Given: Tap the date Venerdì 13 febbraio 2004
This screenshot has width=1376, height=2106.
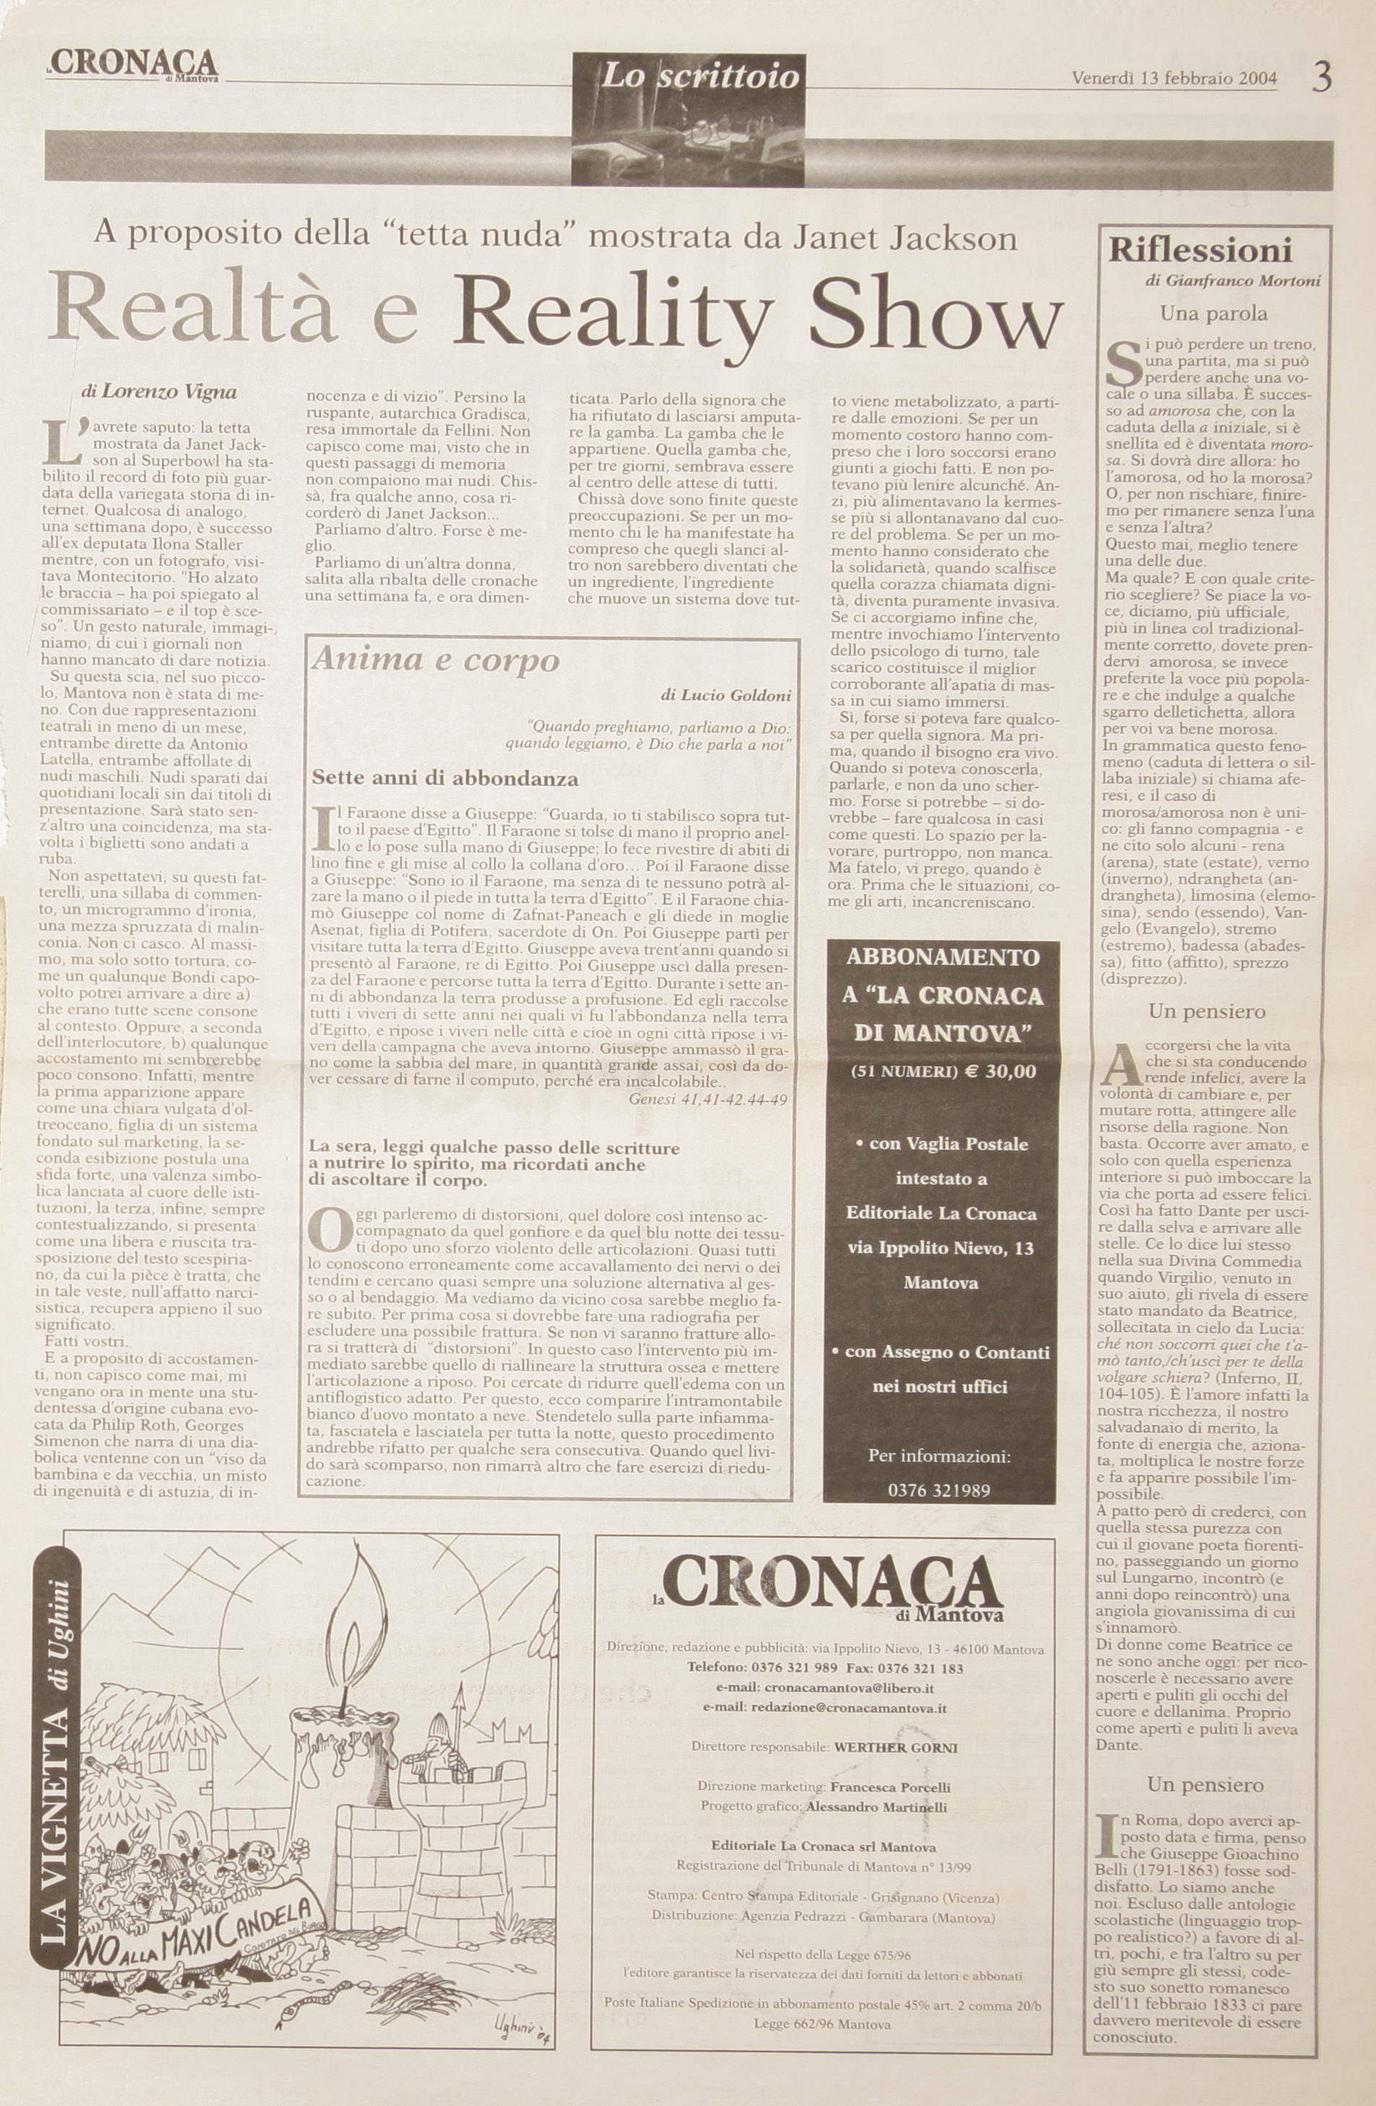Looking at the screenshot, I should click(x=1174, y=79).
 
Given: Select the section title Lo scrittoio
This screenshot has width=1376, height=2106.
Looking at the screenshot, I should click(x=700, y=77).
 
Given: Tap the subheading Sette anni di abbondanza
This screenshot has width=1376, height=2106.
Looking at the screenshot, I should click(x=445, y=779).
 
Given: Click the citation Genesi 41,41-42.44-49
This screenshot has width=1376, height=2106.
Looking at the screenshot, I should click(x=708, y=1098).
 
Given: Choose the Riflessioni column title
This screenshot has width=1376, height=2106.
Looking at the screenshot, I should click(x=1201, y=251).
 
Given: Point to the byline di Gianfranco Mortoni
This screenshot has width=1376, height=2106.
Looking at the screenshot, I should click(x=1231, y=281).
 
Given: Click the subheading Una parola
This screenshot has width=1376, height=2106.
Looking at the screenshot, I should click(x=1213, y=314).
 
